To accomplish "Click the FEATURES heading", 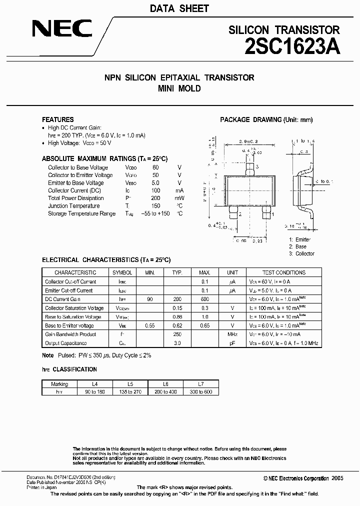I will tap(57, 119).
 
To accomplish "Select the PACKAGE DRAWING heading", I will tap(266, 119).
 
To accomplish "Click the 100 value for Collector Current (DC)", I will tap(155, 190).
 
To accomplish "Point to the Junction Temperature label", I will tap(73, 206).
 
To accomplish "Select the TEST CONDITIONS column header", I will tap(283, 272).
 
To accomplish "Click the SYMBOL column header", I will tap(122, 272).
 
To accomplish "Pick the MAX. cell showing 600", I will tap(204, 299).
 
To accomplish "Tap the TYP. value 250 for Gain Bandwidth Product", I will tap(177, 334).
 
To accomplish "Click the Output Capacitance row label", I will tap(65, 343).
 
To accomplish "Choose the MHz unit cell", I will tap(232, 334).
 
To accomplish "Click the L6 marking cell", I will tap(165, 384).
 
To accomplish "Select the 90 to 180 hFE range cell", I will tap(95, 392).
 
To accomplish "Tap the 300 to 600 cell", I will tap(201, 392).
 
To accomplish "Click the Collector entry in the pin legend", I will tap(304, 253).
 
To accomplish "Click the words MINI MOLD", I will tap(179, 88).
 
